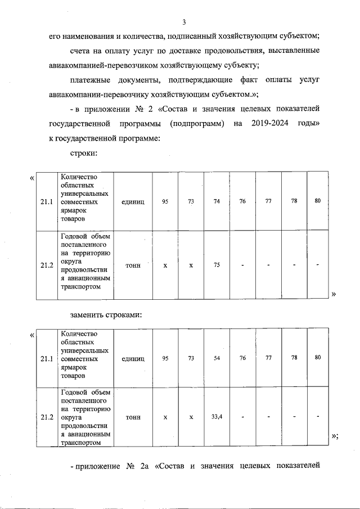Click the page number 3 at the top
point(183,22)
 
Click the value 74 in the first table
point(217,201)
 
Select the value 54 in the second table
point(217,358)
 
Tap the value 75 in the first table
point(217,265)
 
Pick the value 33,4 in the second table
point(217,417)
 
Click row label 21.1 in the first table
point(47,201)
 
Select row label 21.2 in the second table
point(47,417)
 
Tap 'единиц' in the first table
point(133,201)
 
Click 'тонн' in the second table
point(133,417)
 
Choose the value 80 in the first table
point(317,201)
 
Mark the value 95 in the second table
point(165,358)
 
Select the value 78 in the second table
point(294,358)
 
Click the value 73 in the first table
point(191,201)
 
